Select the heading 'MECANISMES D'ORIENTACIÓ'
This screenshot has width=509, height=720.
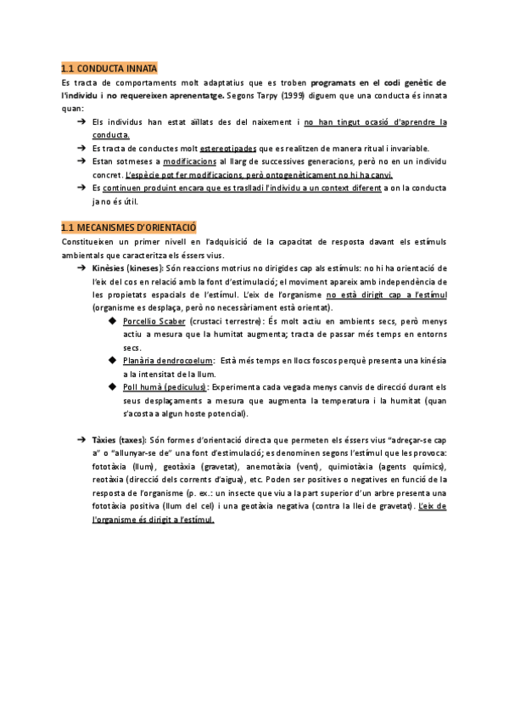pos(136,228)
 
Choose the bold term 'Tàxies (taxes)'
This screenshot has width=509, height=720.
pos(118,440)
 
